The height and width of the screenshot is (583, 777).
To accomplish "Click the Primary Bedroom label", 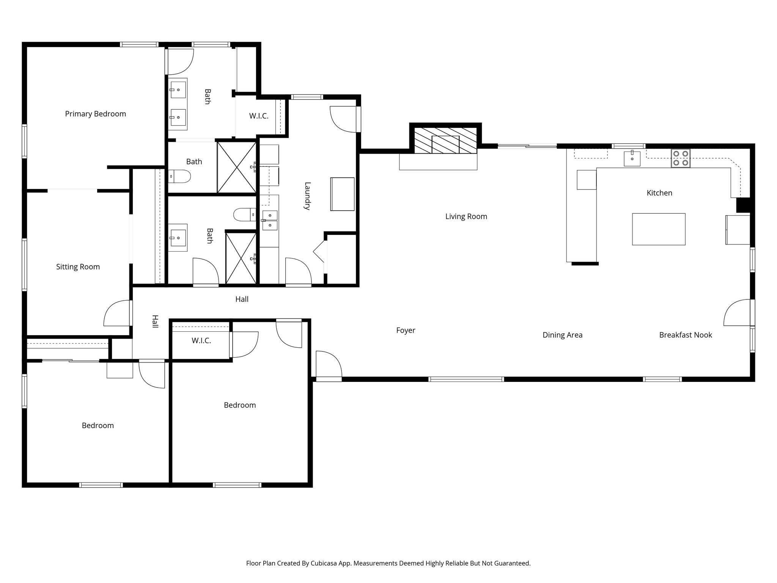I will pyautogui.click(x=95, y=114).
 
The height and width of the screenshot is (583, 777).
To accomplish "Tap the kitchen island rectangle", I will pyautogui.click(x=658, y=229).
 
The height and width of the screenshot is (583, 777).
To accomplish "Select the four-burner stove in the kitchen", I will pyautogui.click(x=680, y=159).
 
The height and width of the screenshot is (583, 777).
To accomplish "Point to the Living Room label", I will pyautogui.click(x=466, y=216).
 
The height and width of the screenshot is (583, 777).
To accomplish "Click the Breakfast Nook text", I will pyautogui.click(x=685, y=335).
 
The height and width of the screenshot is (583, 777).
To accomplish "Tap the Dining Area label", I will pyautogui.click(x=562, y=335).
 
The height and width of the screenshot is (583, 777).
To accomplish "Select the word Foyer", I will pyautogui.click(x=406, y=330).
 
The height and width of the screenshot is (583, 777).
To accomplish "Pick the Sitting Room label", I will pyautogui.click(x=78, y=267).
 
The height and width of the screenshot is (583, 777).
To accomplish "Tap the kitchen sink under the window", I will pyautogui.click(x=632, y=159).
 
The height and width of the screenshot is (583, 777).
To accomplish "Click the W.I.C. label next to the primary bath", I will pyautogui.click(x=259, y=116).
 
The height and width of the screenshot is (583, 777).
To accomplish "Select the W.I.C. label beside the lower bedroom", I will pyautogui.click(x=201, y=340).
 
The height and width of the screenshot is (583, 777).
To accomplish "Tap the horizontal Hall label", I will pyautogui.click(x=242, y=299).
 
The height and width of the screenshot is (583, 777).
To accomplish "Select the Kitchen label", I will pyautogui.click(x=659, y=193).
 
